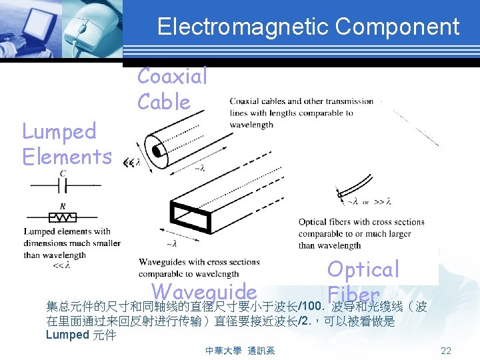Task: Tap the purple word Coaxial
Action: [x=173, y=76]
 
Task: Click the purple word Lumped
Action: [x=59, y=131]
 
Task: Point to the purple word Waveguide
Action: [x=204, y=291]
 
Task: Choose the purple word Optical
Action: [x=363, y=269]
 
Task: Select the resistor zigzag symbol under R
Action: [x=62, y=217]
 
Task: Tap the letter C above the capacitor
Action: [x=63, y=174]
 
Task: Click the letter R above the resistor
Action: [x=62, y=206]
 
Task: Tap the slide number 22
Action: [x=446, y=351]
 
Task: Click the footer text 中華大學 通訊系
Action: [x=240, y=351]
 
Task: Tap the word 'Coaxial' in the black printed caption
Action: [x=245, y=102]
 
